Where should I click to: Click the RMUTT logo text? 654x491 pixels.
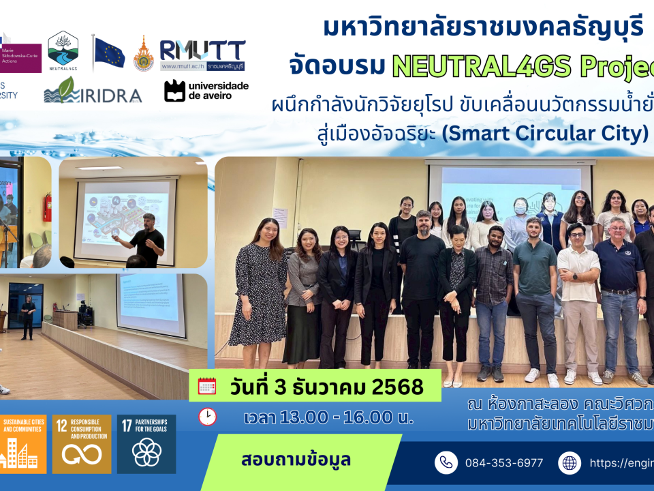point(202,50)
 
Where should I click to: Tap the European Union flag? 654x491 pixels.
point(109,53)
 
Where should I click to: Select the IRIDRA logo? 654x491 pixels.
point(93,91)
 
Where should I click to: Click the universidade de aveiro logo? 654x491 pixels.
point(206,91)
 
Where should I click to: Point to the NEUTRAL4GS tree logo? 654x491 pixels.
point(63,49)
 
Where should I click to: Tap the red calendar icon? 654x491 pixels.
point(207,387)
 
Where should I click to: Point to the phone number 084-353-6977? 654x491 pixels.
point(503,463)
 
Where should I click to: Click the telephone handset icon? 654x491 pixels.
point(446,463)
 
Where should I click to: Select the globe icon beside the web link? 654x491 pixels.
point(570,463)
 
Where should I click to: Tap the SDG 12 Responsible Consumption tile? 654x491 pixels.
point(82,444)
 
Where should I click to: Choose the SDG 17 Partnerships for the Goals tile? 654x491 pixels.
point(146,444)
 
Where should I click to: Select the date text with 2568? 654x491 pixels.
point(326,387)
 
